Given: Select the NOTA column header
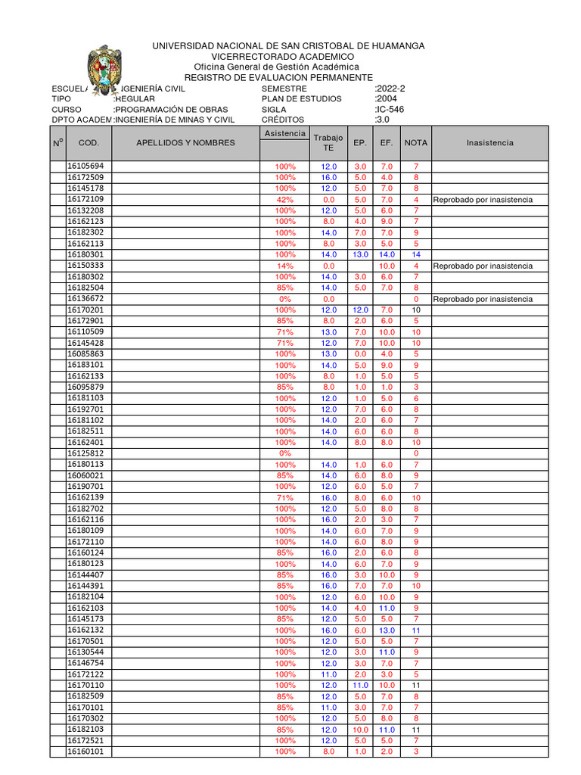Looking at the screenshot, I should (x=415, y=142).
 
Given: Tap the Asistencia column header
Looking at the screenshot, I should (x=284, y=133).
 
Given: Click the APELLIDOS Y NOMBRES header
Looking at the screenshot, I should (x=185, y=142).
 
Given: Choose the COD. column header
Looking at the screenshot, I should (x=89, y=142).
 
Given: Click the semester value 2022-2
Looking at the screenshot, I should (x=390, y=89).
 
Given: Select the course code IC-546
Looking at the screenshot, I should (x=390, y=109).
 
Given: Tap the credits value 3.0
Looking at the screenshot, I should (x=382, y=120).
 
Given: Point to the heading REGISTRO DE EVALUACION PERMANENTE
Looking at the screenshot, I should (x=278, y=78).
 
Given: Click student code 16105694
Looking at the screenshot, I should (x=85, y=166).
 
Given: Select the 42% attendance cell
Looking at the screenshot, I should (x=285, y=199).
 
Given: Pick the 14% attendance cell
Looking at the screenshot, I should (x=285, y=266).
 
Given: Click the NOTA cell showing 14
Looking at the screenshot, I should (x=415, y=255).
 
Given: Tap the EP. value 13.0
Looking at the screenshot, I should (x=360, y=255).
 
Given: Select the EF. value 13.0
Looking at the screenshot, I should (x=387, y=630).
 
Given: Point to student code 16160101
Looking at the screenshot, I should (x=85, y=752).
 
